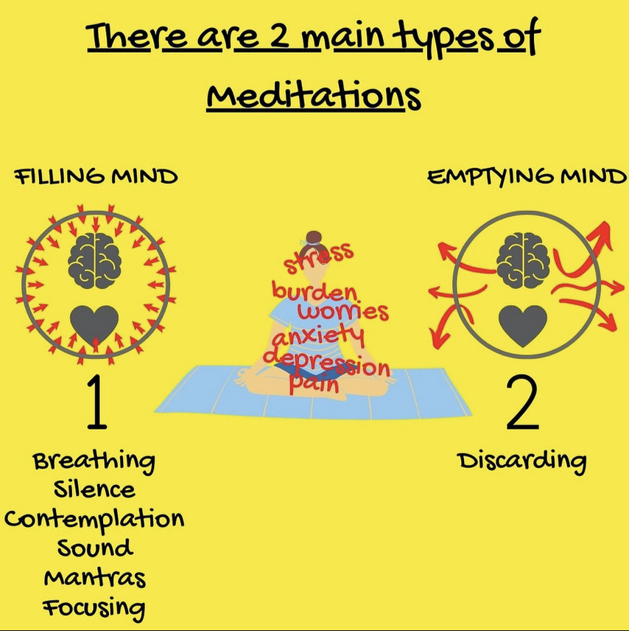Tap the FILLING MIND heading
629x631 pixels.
click(x=96, y=177)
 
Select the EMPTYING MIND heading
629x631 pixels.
click(x=527, y=177)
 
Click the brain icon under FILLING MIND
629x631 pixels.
click(x=94, y=260)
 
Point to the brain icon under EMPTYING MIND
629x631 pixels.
click(x=523, y=260)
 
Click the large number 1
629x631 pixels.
click(x=97, y=402)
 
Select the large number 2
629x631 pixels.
click(x=522, y=402)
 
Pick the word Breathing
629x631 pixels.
click(x=94, y=462)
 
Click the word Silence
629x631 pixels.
click(x=94, y=489)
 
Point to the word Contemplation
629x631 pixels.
click(x=94, y=519)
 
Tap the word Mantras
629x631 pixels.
click(x=94, y=577)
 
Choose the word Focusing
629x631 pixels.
click(x=94, y=608)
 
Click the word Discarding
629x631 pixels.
click(x=521, y=462)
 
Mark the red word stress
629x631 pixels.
click(x=318, y=257)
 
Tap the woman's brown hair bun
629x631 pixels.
click(x=313, y=237)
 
